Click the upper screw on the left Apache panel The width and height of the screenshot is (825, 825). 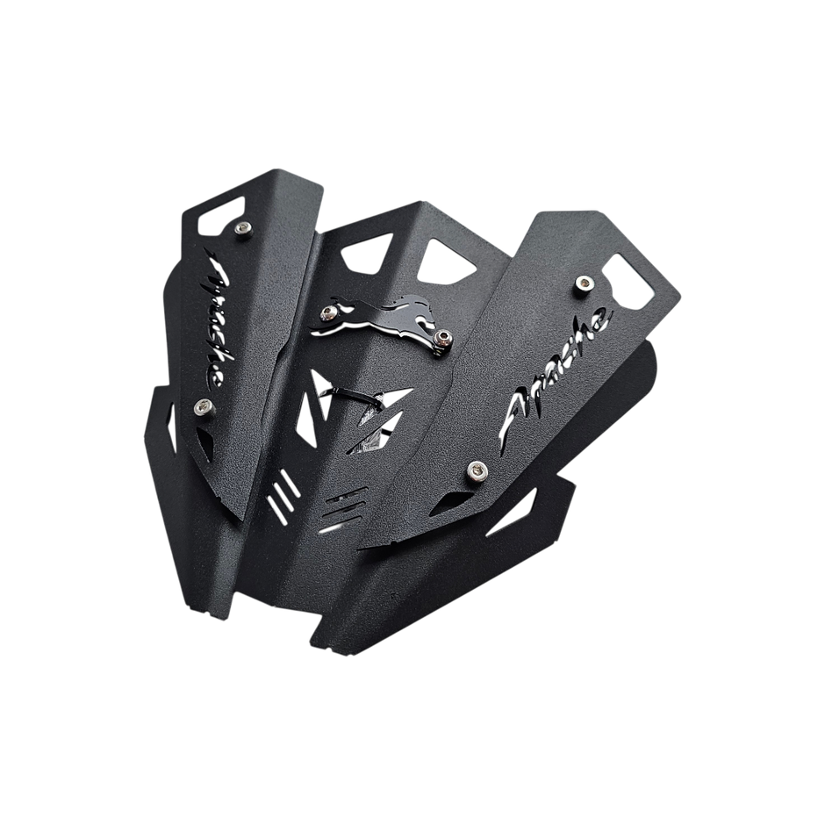242,228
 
